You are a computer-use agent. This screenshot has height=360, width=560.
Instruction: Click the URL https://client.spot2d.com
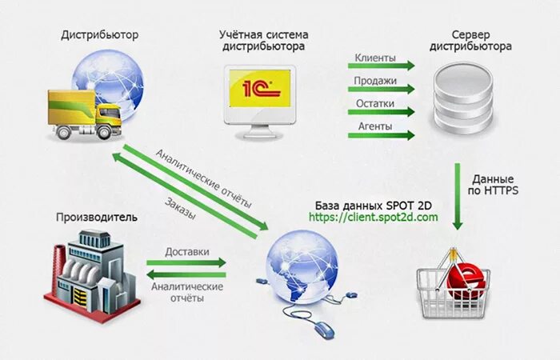point(374,217)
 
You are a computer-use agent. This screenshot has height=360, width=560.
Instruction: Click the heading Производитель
point(97,217)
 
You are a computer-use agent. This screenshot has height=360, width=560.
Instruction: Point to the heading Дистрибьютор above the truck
point(99,35)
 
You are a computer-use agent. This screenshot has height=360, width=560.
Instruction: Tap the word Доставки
point(187,251)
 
